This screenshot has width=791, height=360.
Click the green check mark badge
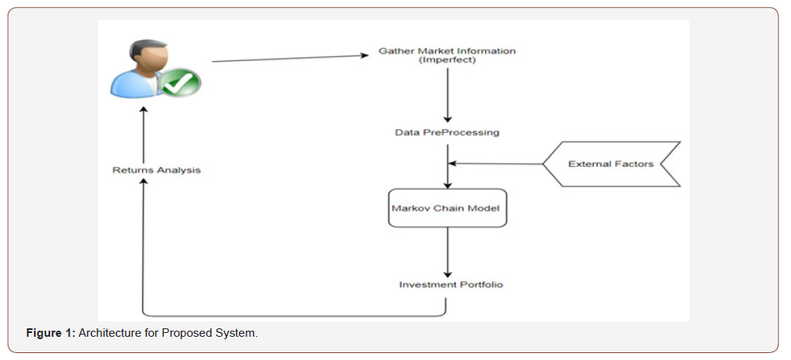pos(181,81)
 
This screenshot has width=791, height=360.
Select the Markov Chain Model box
pos(447,208)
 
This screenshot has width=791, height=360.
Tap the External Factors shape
pos(610,164)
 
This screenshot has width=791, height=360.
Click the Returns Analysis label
pos(156,169)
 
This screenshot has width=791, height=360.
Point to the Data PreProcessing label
pos(447,132)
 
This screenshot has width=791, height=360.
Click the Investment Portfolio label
pos(450,284)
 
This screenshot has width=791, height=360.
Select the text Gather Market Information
pos(447,51)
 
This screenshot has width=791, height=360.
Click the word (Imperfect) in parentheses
pos(447,60)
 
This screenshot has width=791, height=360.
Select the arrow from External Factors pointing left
pos(494,164)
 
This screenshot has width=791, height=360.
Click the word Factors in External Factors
pos(634,164)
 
